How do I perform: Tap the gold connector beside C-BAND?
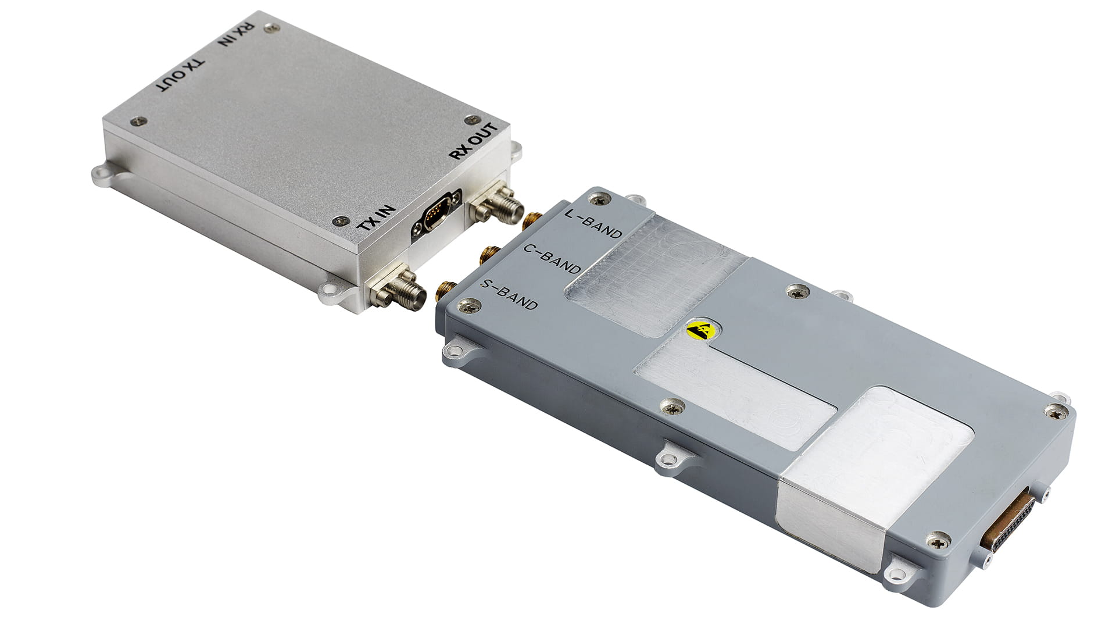pyautogui.click(x=487, y=254)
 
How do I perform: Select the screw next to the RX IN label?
pyautogui.click(x=268, y=27)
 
